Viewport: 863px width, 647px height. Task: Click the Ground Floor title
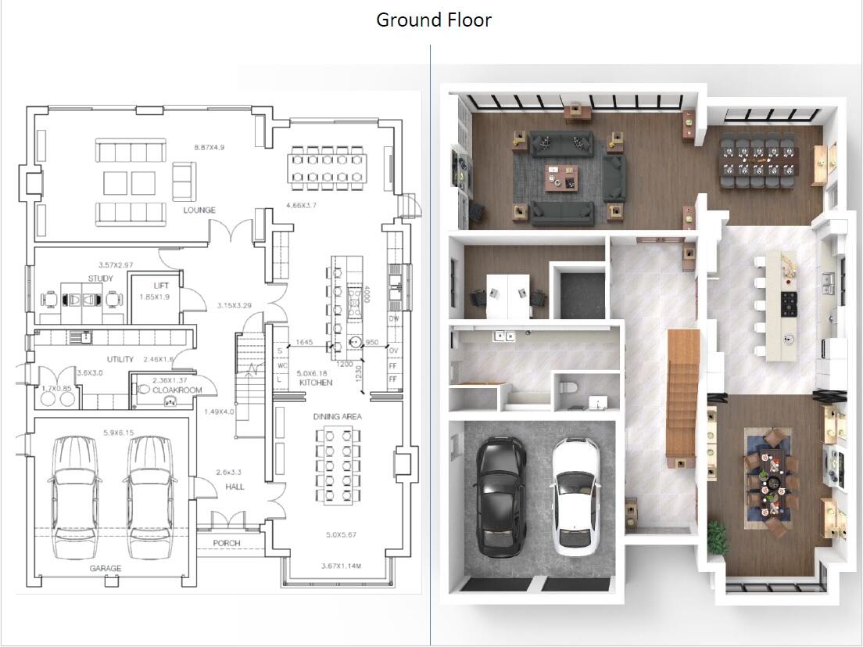click(x=434, y=20)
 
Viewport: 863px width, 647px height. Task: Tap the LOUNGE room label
click(x=199, y=210)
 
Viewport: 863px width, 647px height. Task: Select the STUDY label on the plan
click(x=100, y=279)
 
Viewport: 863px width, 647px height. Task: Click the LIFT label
click(x=160, y=286)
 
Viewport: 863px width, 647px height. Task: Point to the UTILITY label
click(x=120, y=359)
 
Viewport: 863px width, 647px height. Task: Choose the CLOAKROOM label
click(x=177, y=390)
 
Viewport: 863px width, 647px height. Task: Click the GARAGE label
click(x=105, y=569)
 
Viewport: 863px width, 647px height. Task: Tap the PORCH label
click(x=226, y=543)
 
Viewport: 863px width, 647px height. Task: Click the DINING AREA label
click(x=338, y=417)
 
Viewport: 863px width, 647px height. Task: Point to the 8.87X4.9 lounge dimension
click(x=209, y=147)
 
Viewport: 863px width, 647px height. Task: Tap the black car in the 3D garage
click(x=498, y=495)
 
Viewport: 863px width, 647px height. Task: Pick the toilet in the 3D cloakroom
click(x=568, y=388)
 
